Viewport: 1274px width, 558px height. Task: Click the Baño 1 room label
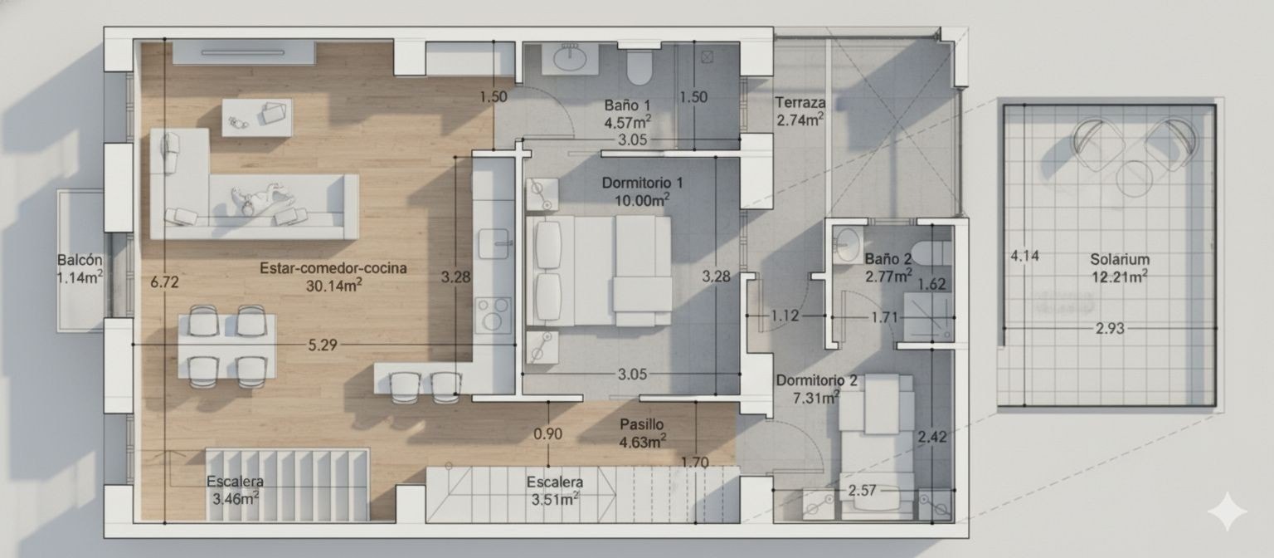pyautogui.click(x=627, y=105)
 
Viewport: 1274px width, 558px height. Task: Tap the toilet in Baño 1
pyautogui.click(x=639, y=67)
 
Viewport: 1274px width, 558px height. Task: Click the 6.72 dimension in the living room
pyautogui.click(x=164, y=282)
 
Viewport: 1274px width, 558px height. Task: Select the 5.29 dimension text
pyautogui.click(x=322, y=345)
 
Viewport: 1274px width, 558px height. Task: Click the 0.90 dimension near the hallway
pyautogui.click(x=548, y=433)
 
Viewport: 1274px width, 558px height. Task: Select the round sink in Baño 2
pyautogui.click(x=847, y=244)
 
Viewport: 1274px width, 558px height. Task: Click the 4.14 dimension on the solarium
pyautogui.click(x=1024, y=256)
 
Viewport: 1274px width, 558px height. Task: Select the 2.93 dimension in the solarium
pyautogui.click(x=1109, y=329)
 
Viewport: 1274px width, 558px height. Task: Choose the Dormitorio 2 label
pyautogui.click(x=816, y=380)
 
